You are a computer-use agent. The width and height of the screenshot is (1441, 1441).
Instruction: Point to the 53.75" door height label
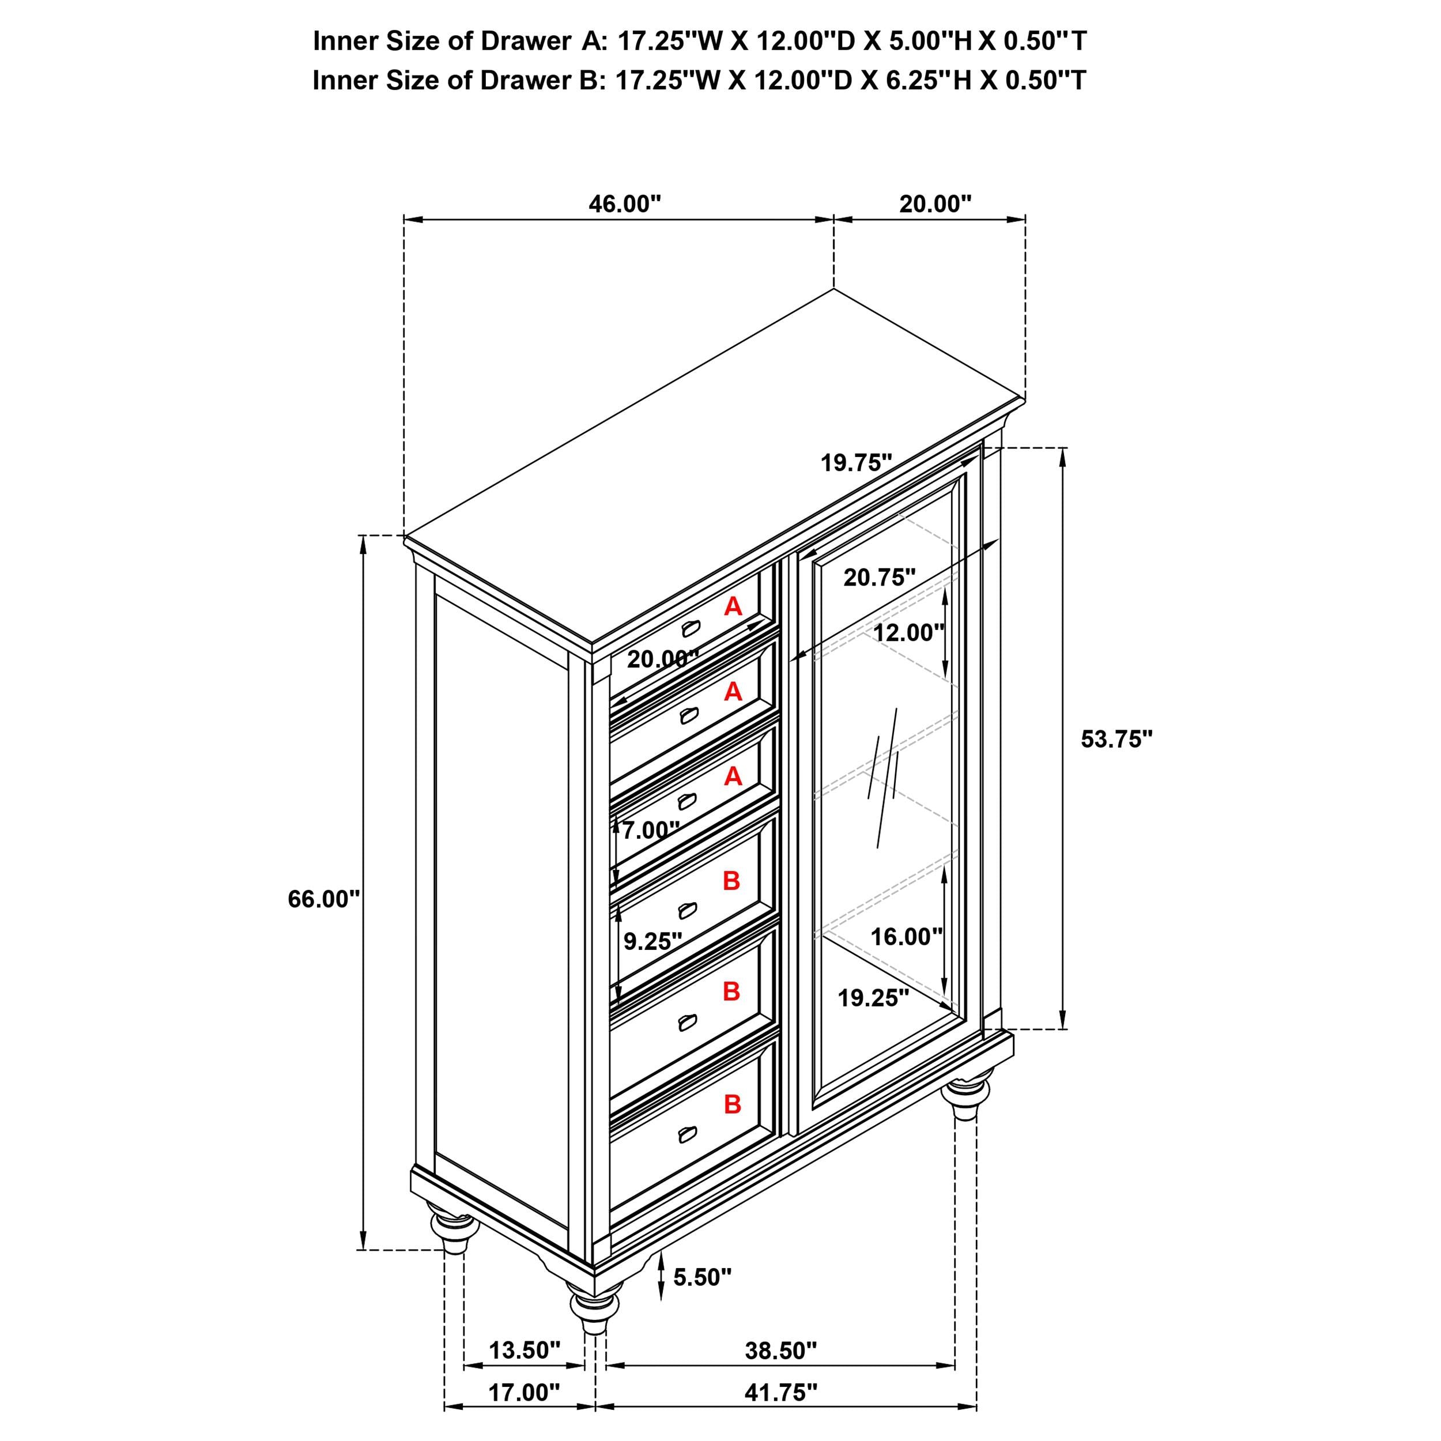[1116, 739]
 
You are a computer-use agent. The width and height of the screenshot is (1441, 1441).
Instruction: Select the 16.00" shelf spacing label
[906, 937]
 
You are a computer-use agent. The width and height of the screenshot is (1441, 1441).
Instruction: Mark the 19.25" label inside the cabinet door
[873, 998]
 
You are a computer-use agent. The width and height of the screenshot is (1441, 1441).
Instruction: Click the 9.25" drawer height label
[652, 941]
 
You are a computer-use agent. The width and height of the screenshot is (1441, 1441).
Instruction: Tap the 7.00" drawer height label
[650, 829]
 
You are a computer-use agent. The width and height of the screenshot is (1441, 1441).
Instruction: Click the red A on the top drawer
[733, 607]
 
